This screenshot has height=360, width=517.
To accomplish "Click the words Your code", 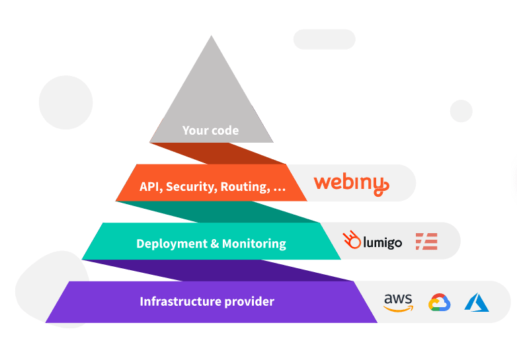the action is [x=210, y=130].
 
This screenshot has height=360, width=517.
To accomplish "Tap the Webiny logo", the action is [x=352, y=185].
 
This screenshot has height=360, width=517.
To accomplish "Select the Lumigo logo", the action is [x=372, y=240].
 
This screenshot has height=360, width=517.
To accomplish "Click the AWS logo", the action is [x=398, y=303].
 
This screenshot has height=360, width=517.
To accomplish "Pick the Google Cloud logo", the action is [x=439, y=303].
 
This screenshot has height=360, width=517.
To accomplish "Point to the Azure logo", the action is [x=477, y=303].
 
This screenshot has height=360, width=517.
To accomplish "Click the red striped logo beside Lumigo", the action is [x=426, y=241].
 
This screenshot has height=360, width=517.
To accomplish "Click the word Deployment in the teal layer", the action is [x=171, y=244].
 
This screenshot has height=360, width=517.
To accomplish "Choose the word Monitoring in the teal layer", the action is [x=254, y=244].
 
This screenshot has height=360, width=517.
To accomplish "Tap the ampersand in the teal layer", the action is [x=214, y=244].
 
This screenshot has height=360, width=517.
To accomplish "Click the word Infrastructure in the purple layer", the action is [x=180, y=301].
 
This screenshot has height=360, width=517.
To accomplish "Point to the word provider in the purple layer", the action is [x=249, y=302].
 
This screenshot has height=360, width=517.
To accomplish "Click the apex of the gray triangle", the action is [x=212, y=36].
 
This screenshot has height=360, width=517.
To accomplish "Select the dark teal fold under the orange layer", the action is [x=218, y=212].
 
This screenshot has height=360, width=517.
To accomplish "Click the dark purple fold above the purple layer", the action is [x=218, y=270].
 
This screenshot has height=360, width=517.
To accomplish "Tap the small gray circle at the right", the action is [x=461, y=111].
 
